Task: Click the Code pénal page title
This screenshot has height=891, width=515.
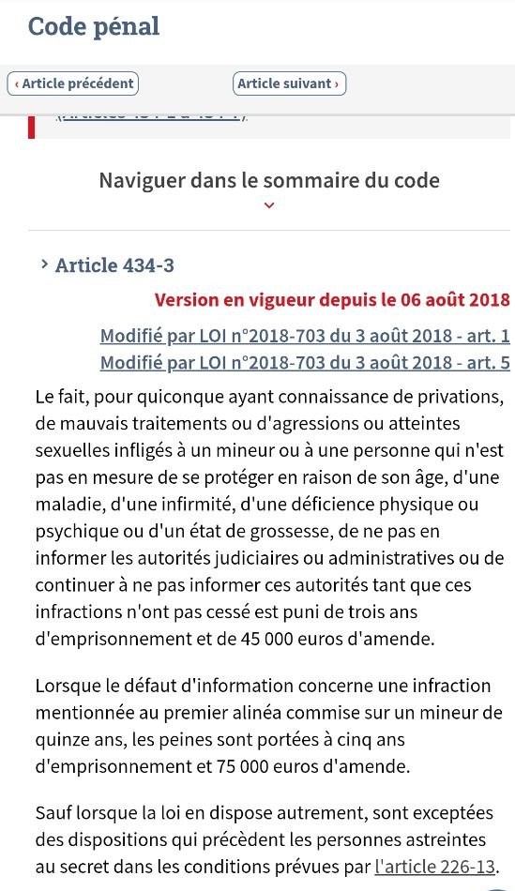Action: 94,26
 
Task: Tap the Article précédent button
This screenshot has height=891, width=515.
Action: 73,83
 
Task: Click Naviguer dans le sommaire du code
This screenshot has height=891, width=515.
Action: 269,180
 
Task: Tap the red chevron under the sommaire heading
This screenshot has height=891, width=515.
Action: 269,205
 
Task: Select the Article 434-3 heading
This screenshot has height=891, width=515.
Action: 114,265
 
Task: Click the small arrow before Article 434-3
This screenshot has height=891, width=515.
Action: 44,264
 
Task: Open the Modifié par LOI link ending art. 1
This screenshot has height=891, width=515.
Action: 305,337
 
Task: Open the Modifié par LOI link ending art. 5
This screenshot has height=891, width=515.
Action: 305,362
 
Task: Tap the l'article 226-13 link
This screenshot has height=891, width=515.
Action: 434,865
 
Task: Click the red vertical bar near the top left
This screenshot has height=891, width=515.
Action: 32,127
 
